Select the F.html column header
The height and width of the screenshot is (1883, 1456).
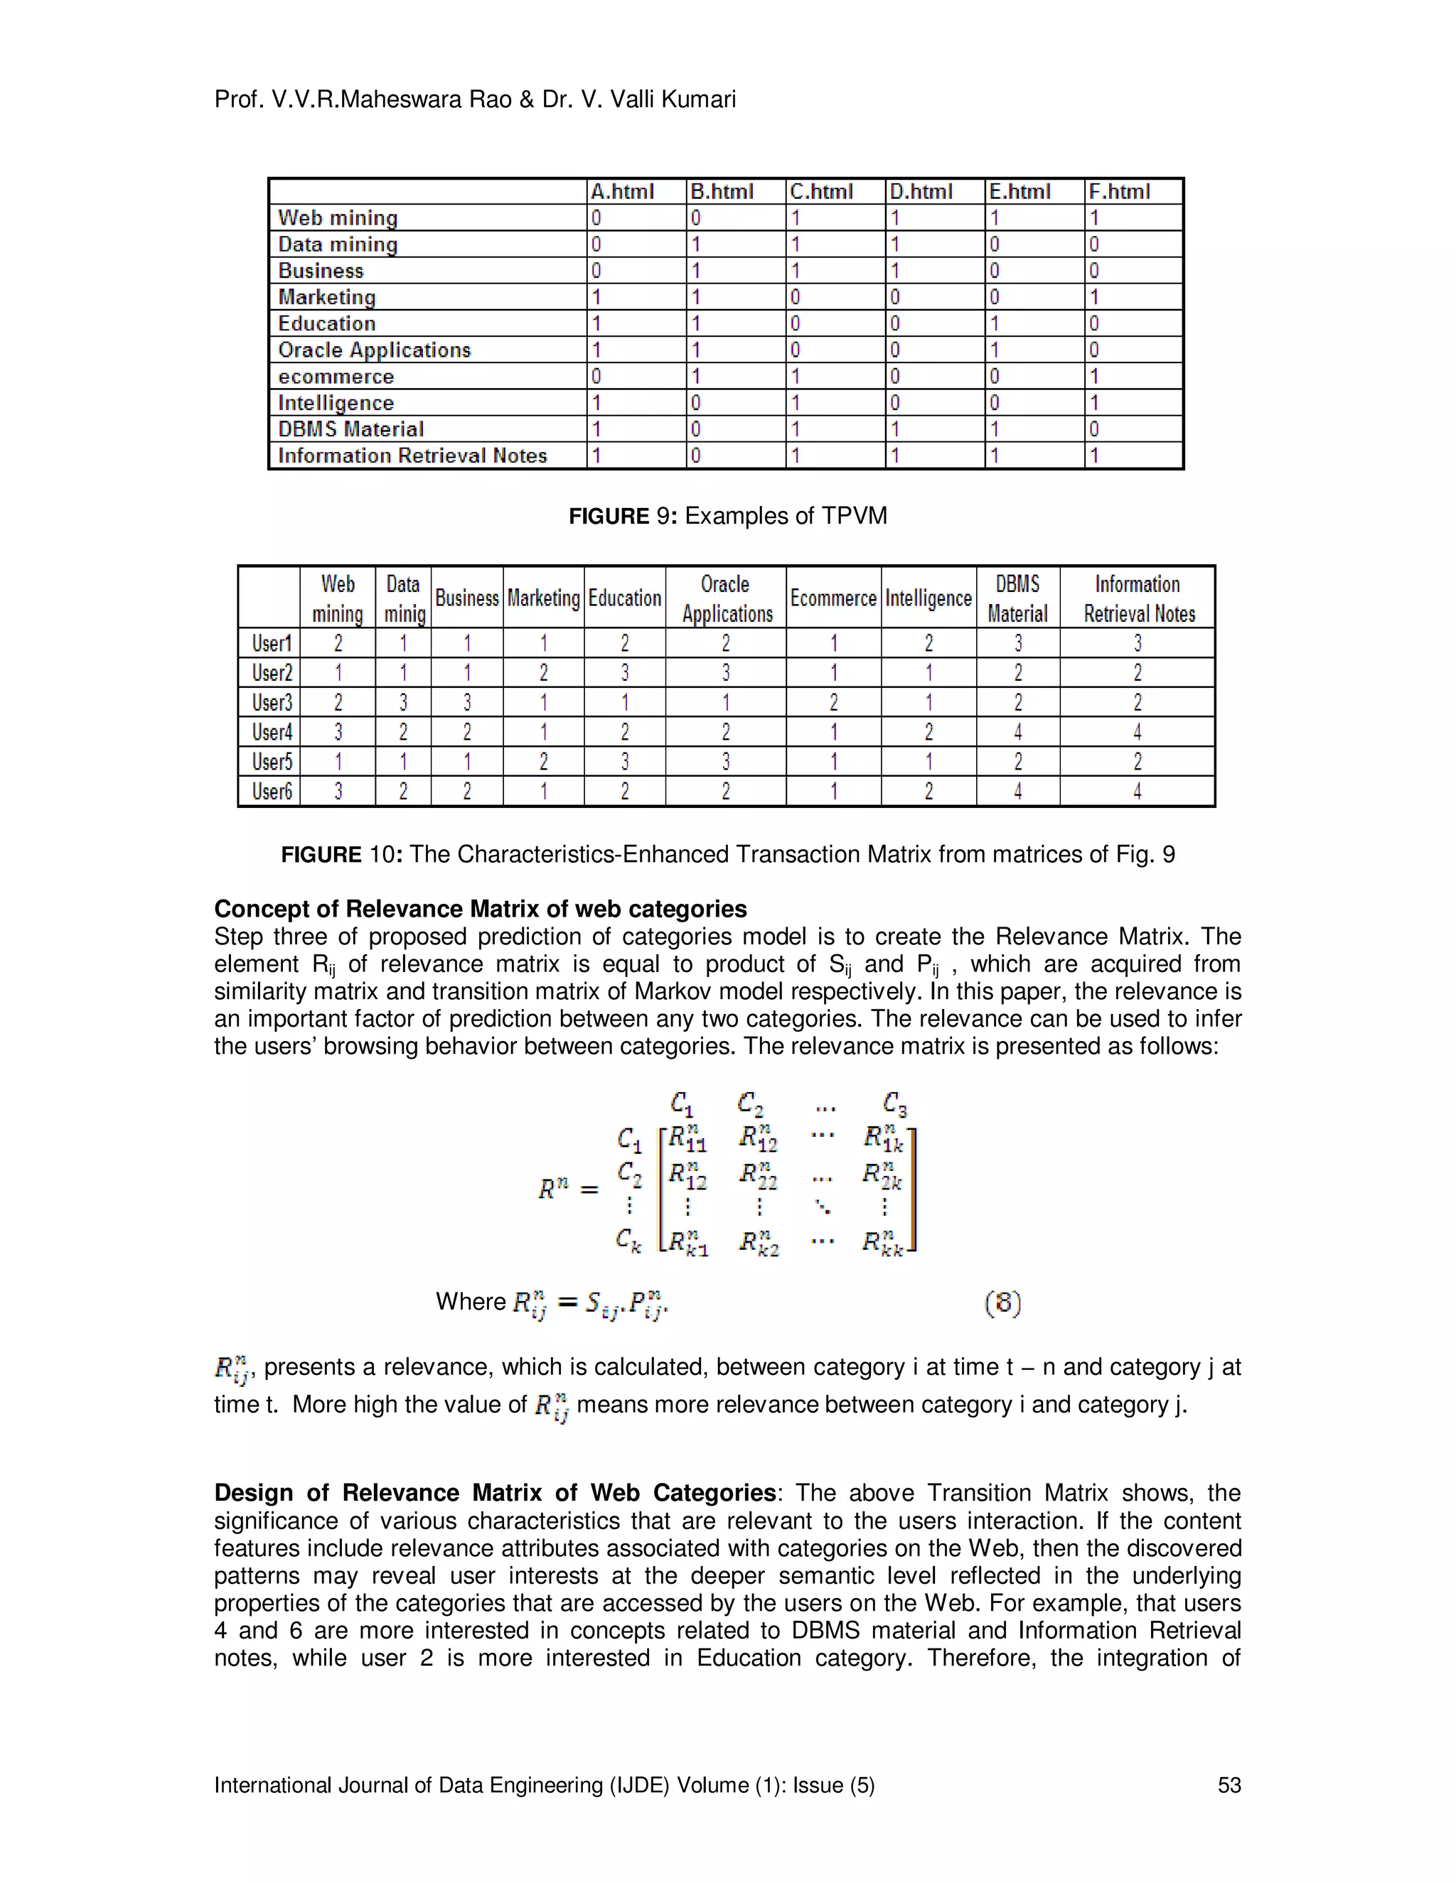coord(1119,191)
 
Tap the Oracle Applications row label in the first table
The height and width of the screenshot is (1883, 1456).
coord(375,350)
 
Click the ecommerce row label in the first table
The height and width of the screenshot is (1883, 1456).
coord(336,377)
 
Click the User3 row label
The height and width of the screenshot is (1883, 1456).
coord(272,703)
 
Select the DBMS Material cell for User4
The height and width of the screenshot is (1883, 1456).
coord(1018,732)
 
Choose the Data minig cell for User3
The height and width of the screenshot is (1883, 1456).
coord(403,703)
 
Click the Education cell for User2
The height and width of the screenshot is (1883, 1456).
coord(624,672)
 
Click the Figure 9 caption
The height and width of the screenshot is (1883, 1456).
coord(727,517)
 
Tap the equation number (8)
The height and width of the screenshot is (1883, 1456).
coord(1002,1302)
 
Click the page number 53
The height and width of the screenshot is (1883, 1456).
coord(1228,1786)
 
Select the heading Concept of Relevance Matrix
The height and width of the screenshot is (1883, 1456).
coord(480,909)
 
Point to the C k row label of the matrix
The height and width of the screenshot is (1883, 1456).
coord(628,1240)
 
